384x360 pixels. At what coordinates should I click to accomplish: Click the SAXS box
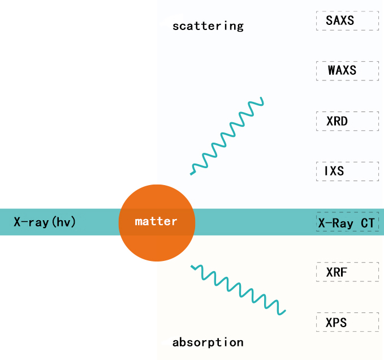click(x=347, y=20)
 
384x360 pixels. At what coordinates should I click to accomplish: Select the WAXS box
click(x=347, y=71)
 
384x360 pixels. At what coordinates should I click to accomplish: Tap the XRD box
click(x=347, y=121)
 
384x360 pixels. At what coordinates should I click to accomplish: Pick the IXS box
click(x=347, y=172)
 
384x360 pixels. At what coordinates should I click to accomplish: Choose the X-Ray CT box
click(x=347, y=221)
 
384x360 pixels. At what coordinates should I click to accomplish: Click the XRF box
click(x=347, y=272)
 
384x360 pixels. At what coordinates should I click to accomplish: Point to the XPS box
click(x=347, y=322)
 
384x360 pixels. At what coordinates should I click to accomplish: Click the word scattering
click(x=208, y=26)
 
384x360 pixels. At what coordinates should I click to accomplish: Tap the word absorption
click(x=208, y=342)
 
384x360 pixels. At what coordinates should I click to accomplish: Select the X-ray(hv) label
click(x=45, y=222)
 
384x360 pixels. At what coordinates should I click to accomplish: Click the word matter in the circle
click(x=156, y=221)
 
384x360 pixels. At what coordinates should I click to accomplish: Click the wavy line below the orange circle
click(x=239, y=290)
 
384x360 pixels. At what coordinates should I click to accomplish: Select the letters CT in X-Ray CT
click(x=368, y=223)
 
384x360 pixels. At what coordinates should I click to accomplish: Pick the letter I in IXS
click(x=326, y=171)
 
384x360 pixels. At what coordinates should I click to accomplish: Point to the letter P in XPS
click(x=336, y=323)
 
